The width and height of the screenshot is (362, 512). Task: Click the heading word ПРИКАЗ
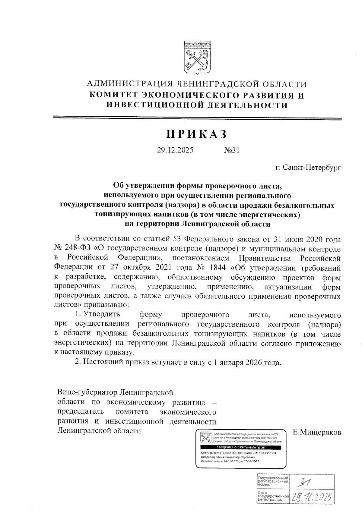[x=197, y=134]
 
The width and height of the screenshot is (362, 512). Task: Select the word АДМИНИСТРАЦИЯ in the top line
[x=129, y=84]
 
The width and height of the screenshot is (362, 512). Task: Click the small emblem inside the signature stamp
[x=206, y=437]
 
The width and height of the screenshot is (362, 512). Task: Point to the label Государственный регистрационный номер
[x=272, y=481]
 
